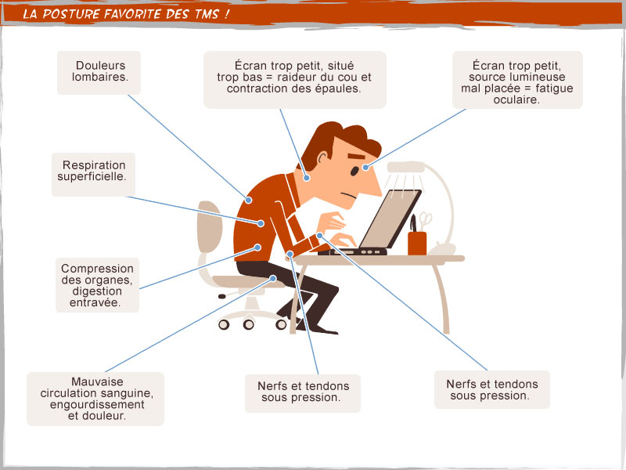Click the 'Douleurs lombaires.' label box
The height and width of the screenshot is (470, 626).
pyautogui.click(x=99, y=73)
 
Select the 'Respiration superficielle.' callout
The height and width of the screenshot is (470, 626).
pyautogui.click(x=93, y=174)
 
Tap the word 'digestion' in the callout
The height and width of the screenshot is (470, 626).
pyautogui.click(x=97, y=291)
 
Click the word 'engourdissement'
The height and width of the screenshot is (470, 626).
pyautogui.click(x=97, y=404)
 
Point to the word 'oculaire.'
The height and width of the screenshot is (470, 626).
pyautogui.click(x=516, y=99)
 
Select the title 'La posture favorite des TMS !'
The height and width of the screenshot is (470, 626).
pyautogui.click(x=126, y=14)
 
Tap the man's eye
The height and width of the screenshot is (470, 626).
pyautogui.click(x=354, y=171)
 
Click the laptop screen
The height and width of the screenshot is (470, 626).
pyautogui.click(x=389, y=219)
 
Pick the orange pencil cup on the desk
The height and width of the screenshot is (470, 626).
pyautogui.click(x=417, y=243)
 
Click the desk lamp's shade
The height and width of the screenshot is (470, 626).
pyautogui.click(x=405, y=167)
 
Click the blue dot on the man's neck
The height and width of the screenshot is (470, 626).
pyautogui.click(x=307, y=178)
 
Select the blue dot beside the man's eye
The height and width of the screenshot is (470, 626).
pyautogui.click(x=365, y=167)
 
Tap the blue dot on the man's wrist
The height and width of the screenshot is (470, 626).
pyautogui.click(x=319, y=236)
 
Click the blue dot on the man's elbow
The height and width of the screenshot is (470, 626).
pyautogui.click(x=290, y=254)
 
